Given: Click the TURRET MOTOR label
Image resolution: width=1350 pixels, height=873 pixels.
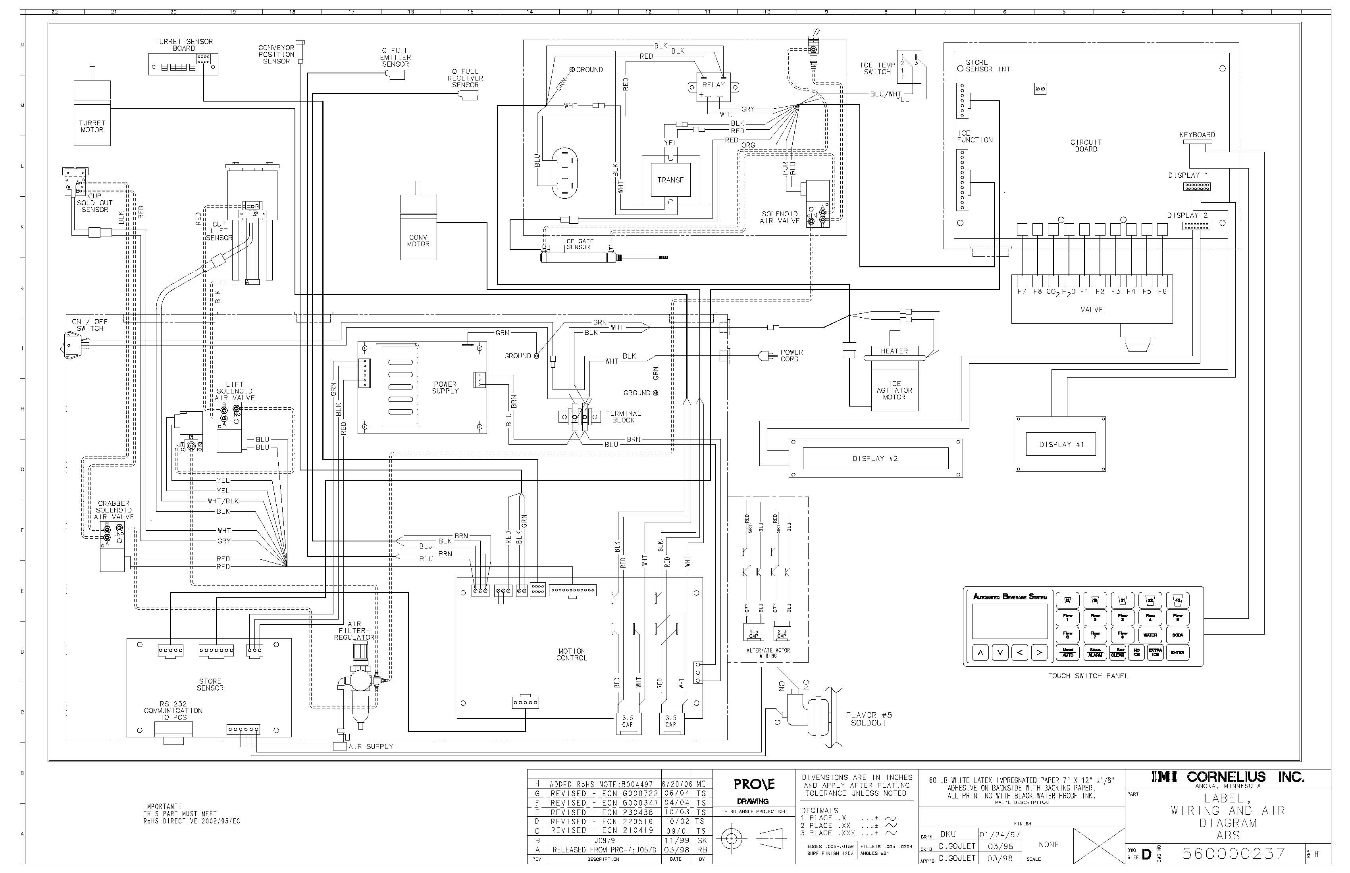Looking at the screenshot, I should click(92, 126).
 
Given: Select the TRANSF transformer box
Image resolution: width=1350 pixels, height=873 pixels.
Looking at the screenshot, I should click(670, 180).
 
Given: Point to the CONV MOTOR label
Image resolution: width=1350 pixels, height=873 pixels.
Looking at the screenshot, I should click(418, 241).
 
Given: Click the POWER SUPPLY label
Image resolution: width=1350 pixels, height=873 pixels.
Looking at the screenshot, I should click(445, 388).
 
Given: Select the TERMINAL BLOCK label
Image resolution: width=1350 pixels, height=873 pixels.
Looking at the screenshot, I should click(623, 416).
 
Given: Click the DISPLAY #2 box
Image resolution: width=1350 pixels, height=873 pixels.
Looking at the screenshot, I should click(875, 459).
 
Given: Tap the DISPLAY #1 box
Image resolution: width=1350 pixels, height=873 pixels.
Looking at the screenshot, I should click(1061, 445).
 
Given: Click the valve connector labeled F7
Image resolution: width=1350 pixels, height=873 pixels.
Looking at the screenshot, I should click(1022, 281).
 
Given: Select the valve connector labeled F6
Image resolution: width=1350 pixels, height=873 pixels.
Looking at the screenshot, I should click(1162, 281).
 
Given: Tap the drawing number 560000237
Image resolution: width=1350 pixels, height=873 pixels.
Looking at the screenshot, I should click(1233, 853).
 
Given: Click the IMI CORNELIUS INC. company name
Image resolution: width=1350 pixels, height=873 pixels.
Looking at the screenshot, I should click(1227, 777).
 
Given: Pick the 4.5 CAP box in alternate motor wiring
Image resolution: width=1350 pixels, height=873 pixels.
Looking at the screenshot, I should click(753, 633).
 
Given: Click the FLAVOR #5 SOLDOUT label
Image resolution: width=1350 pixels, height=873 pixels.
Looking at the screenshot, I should click(869, 719).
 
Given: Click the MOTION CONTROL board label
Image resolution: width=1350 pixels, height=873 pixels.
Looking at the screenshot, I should click(571, 655).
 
